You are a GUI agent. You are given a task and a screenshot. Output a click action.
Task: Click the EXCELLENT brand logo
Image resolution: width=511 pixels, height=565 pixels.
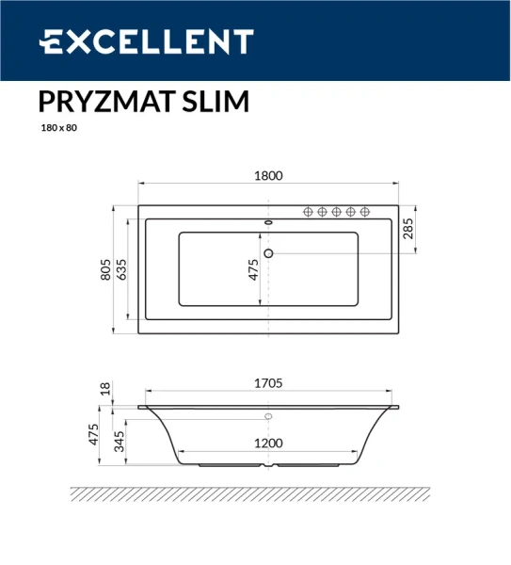coord(146,41)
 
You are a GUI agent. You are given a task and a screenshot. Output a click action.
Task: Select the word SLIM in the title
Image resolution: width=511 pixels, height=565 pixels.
coord(213,102)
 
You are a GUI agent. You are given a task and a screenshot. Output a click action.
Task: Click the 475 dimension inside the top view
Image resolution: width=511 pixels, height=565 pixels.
coord(253,269)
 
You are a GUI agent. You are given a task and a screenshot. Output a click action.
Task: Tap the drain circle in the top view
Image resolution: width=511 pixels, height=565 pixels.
coord(269,252)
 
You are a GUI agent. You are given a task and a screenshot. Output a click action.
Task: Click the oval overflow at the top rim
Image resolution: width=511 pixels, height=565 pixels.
coord(269,222)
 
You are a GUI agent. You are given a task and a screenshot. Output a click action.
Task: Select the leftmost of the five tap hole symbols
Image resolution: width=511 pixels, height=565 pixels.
coord(309,213)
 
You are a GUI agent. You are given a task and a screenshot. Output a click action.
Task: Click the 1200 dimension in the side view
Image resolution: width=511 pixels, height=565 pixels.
coord(269,442)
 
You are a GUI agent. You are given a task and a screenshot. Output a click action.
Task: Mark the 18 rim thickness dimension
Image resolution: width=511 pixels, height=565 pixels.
coord(106,387)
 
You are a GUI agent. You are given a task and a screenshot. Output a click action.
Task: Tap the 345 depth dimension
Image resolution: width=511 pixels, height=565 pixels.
coord(122,441)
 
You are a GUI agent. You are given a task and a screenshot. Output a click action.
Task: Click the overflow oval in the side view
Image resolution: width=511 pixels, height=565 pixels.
coord(268,416)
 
